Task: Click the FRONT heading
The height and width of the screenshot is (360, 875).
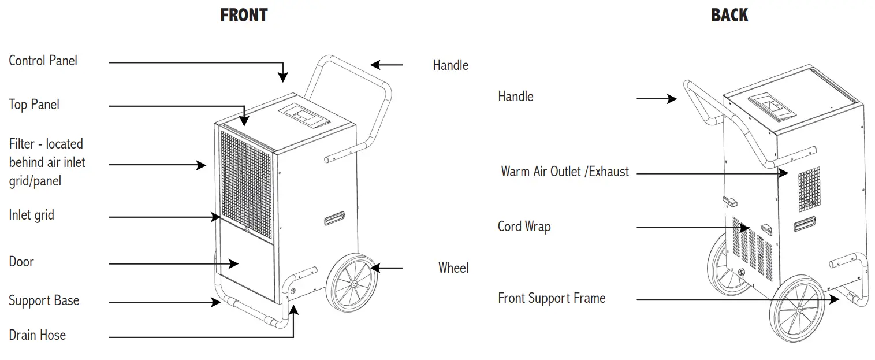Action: [244, 15]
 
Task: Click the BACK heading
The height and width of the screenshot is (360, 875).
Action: [729, 15]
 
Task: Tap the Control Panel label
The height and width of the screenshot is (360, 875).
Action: [43, 61]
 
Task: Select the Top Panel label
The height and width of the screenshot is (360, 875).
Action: [34, 105]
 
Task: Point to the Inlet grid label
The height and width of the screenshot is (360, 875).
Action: [31, 215]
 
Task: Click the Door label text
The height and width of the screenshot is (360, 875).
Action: [21, 262]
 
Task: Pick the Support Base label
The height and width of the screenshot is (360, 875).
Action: [44, 300]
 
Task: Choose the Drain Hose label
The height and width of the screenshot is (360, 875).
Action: [37, 335]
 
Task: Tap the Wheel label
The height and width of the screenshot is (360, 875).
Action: [453, 268]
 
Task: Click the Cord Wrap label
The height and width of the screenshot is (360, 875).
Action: [524, 226]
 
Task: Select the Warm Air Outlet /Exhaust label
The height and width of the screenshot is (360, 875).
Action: [565, 172]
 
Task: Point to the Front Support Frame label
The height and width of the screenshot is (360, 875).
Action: [552, 298]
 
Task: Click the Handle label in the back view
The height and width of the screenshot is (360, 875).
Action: [516, 96]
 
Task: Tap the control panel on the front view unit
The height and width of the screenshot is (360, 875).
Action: [304, 114]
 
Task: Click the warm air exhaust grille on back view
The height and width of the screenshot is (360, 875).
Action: [809, 189]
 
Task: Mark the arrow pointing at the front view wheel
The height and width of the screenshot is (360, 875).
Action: [387, 268]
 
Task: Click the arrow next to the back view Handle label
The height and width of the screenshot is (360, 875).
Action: [657, 99]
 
